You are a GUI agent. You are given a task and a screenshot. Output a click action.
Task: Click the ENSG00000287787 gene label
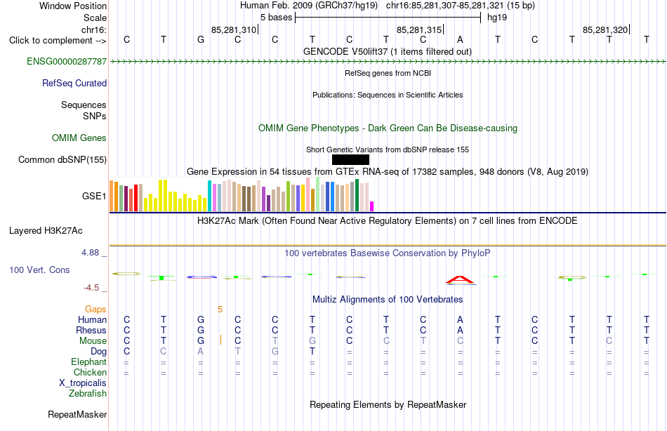click(x=67, y=61)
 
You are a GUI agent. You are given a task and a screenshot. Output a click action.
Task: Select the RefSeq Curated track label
click(x=74, y=83)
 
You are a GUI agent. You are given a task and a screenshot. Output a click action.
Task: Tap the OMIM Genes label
click(x=79, y=138)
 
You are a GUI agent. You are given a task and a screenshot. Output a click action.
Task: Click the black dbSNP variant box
click(x=350, y=159)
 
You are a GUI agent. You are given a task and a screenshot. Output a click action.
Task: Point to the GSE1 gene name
click(x=94, y=196)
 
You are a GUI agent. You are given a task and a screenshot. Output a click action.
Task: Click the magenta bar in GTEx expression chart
click(x=372, y=206)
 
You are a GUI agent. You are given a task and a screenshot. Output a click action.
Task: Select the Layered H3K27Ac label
click(x=46, y=231)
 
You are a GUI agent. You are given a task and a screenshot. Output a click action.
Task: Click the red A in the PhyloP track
click(x=460, y=280)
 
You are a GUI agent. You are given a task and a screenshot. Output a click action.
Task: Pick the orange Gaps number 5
click(x=220, y=310)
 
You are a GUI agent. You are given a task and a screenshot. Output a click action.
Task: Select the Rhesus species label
click(x=91, y=330)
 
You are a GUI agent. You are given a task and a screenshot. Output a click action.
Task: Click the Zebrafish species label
click(x=88, y=394)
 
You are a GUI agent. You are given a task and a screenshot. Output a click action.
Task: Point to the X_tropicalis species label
click(x=83, y=383)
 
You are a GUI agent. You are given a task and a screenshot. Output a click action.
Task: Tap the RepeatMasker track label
click(x=77, y=414)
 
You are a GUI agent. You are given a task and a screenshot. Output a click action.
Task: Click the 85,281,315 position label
click(x=419, y=29)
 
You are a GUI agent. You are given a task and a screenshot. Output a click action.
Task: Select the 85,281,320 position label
click(x=605, y=29)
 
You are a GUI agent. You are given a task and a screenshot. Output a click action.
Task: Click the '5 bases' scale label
click(x=277, y=18)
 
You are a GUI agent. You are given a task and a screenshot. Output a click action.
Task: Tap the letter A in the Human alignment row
click(x=460, y=319)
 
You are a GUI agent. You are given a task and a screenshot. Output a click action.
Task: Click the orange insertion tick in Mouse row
click(x=220, y=340)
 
